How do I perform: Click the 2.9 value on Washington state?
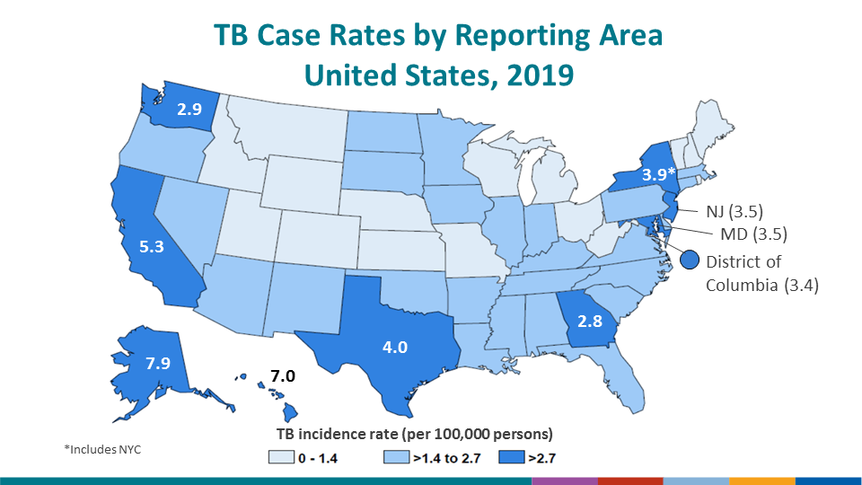click(x=189, y=110)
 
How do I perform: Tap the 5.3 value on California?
click(x=150, y=243)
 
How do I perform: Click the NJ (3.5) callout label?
click(x=728, y=213)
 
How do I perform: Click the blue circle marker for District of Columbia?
click(x=690, y=260)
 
